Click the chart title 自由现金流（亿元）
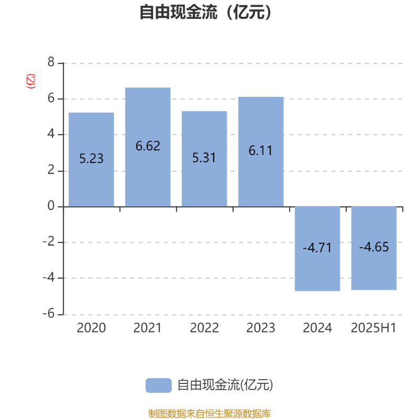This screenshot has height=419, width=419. pyautogui.click(x=205, y=12)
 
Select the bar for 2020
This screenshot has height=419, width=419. pyautogui.click(x=91, y=160)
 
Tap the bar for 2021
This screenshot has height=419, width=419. pyautogui.click(x=148, y=147)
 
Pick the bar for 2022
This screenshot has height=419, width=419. pyautogui.click(x=204, y=159)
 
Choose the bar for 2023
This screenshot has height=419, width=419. pyautogui.click(x=261, y=151)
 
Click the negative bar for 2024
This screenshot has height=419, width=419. pyautogui.click(x=317, y=249)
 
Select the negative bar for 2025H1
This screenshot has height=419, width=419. pyautogui.click(x=374, y=248)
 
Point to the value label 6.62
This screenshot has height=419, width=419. pyautogui.click(x=148, y=146)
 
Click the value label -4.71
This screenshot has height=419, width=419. pyautogui.click(x=317, y=248)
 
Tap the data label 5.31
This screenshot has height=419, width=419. pyautogui.click(x=204, y=158)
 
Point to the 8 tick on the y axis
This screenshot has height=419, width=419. pyautogui.click(x=51, y=62)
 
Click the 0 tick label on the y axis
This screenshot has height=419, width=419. pyautogui.click(x=51, y=206)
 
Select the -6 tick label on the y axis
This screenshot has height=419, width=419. pyautogui.click(x=49, y=313)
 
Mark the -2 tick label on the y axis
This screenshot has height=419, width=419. pyautogui.click(x=49, y=242)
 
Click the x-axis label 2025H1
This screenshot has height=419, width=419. pyautogui.click(x=373, y=328)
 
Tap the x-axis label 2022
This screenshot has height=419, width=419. pyautogui.click(x=204, y=328)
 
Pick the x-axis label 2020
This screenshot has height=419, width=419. pyautogui.click(x=91, y=328)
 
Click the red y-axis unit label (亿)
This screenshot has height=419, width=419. pyautogui.click(x=31, y=81)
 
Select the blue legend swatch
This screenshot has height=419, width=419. pyautogui.click(x=159, y=385)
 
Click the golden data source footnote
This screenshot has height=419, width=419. pyautogui.click(x=210, y=414)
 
